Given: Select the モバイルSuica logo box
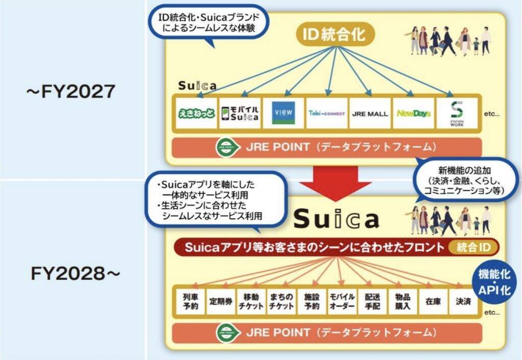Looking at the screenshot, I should pos(239,113).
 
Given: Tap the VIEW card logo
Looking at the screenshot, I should pos(282,113).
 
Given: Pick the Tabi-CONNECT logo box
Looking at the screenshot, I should pos(327,113).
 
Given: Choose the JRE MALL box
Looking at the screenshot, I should pos(370,113).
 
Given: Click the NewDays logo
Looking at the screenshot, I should pos(413,113).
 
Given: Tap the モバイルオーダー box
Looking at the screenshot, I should pos(342,301).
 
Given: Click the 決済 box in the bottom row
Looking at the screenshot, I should pos(463,301).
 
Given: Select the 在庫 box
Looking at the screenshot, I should pos(433,301).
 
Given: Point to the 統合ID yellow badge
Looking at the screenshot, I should pos(474,248).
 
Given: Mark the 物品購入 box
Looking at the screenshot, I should pos(403,301).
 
